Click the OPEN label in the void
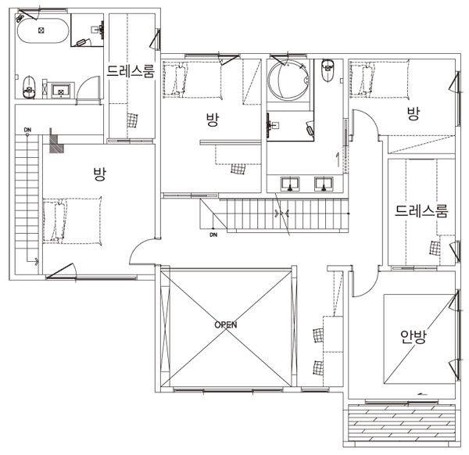(226, 324)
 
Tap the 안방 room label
(414, 337)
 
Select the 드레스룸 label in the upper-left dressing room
(131, 71)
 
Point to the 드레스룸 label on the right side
(421, 210)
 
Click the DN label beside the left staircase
(27, 130)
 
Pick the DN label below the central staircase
(213, 235)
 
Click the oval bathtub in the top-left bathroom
(43, 30)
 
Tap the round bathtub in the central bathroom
(288, 79)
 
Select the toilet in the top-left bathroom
(29, 87)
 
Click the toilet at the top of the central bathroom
(328, 70)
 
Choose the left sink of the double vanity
(290, 184)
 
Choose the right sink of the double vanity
(324, 184)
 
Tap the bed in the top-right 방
(379, 78)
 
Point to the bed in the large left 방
(73, 221)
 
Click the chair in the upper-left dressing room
(132, 120)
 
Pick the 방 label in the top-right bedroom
(414, 113)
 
